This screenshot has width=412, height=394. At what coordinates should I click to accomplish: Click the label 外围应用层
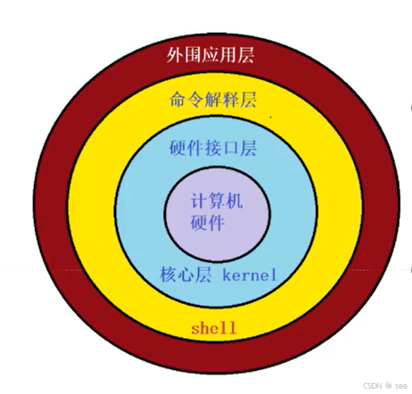(210, 56)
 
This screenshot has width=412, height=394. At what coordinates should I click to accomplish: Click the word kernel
(250, 275)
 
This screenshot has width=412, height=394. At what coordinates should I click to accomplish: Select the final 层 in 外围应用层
(246, 56)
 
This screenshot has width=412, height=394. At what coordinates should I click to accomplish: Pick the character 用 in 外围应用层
(228, 56)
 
